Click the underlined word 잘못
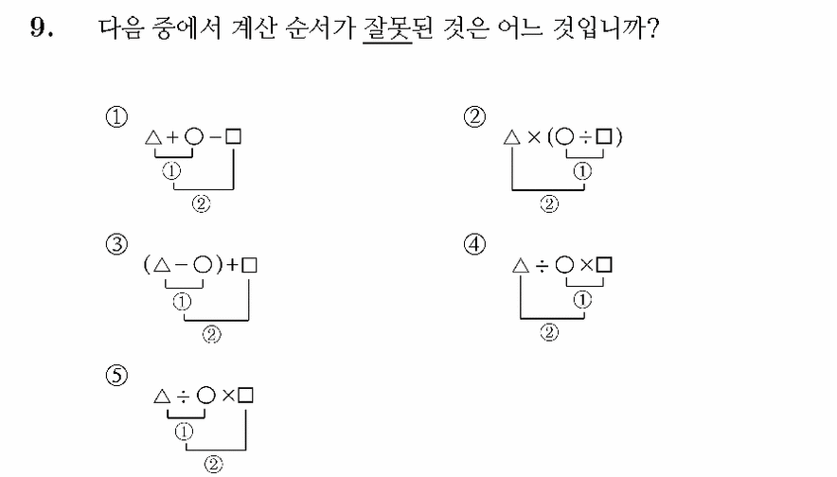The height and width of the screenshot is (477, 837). pyautogui.click(x=387, y=27)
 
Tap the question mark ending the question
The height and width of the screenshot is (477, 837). pyautogui.click(x=652, y=27)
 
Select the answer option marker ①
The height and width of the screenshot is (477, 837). pyautogui.click(x=116, y=116)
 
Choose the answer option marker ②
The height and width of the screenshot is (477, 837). pyautogui.click(x=474, y=116)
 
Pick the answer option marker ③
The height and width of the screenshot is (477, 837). pyautogui.click(x=116, y=244)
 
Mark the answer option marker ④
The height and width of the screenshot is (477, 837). pyautogui.click(x=474, y=244)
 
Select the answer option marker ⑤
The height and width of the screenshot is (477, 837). pyautogui.click(x=116, y=375)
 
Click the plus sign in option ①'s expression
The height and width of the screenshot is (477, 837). pyautogui.click(x=172, y=137)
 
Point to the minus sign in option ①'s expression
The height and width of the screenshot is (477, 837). pyautogui.click(x=215, y=137)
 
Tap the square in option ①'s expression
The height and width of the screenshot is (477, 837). pyautogui.click(x=233, y=137)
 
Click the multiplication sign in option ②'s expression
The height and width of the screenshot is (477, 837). pyautogui.click(x=534, y=137)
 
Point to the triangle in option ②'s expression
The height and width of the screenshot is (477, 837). pyautogui.click(x=512, y=137)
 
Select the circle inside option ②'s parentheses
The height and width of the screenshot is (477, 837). pyautogui.click(x=564, y=137)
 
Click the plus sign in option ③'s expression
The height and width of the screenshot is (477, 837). pyautogui.click(x=233, y=265)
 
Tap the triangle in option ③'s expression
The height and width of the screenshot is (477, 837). pyautogui.click(x=162, y=265)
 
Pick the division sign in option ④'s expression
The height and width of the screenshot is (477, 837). pyautogui.click(x=542, y=265)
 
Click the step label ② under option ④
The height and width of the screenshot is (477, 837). pyautogui.click(x=549, y=332)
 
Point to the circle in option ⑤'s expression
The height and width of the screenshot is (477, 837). pyautogui.click(x=206, y=396)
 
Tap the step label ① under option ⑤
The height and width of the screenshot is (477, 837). pyautogui.click(x=184, y=432)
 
